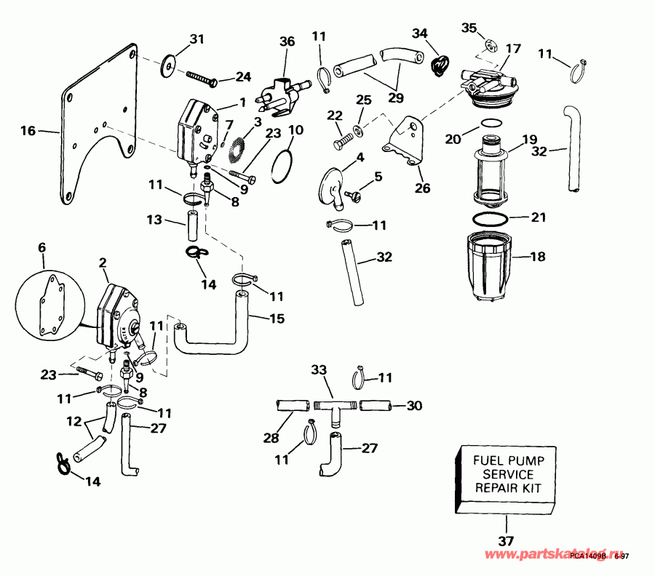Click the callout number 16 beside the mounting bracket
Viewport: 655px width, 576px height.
(x=28, y=132)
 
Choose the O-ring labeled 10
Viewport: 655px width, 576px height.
(x=283, y=167)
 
